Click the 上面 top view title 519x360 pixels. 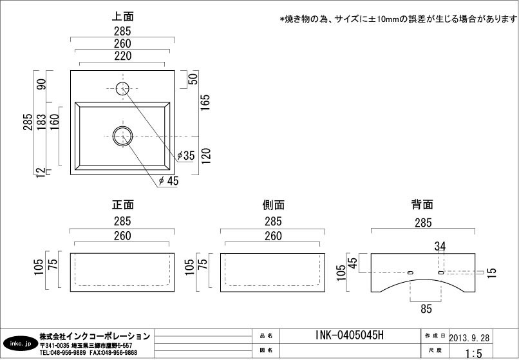click(x=122, y=16)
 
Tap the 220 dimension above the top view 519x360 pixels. click(x=123, y=56)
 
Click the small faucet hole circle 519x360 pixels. click(x=122, y=88)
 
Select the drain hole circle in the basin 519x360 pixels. click(x=122, y=136)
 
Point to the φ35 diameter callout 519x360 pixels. click(x=185, y=155)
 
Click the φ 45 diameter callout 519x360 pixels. click(x=169, y=181)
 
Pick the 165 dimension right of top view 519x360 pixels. click(x=205, y=102)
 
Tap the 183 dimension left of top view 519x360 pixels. click(x=41, y=122)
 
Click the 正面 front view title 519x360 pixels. click(x=122, y=204)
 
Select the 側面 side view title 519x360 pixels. click(x=273, y=205)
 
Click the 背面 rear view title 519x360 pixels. click(x=422, y=204)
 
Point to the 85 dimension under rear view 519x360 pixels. click(x=426, y=308)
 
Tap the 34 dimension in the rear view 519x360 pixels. click(x=440, y=247)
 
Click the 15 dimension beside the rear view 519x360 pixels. click(x=492, y=272)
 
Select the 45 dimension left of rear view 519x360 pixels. click(x=353, y=263)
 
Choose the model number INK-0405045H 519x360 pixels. click(x=350, y=336)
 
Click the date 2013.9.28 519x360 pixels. click(x=469, y=337)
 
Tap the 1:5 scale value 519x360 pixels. click(x=473, y=354)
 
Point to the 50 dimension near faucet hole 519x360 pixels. click(x=193, y=79)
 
